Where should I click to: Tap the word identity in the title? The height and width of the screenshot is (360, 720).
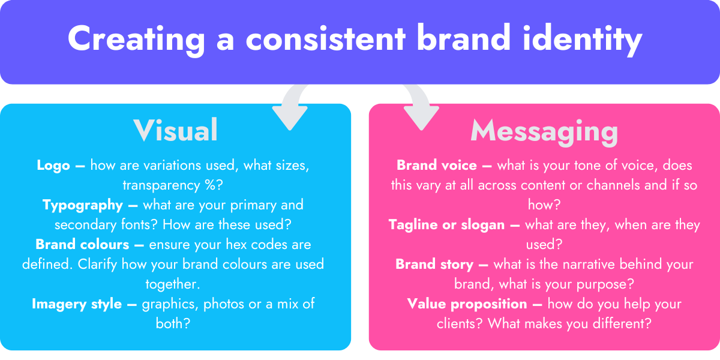pyautogui.click(x=582, y=39)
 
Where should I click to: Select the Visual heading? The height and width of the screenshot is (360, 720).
pyautogui.click(x=176, y=130)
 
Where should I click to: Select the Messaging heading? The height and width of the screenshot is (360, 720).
pyautogui.click(x=544, y=133)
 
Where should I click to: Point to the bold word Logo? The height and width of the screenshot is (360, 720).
pyautogui.click(x=53, y=166)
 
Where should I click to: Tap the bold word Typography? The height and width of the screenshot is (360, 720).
pyautogui.click(x=83, y=205)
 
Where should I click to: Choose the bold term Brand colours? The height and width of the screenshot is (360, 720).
pyautogui.click(x=82, y=245)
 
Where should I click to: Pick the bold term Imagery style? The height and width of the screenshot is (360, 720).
pyautogui.click(x=77, y=304)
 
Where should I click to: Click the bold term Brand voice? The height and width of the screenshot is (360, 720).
pyautogui.click(x=437, y=166)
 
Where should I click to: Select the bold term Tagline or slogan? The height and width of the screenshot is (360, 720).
pyautogui.click(x=446, y=225)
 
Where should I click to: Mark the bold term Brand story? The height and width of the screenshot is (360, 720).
pyautogui.click(x=434, y=265)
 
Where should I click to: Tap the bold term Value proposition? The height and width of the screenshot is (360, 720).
pyautogui.click(x=467, y=304)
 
